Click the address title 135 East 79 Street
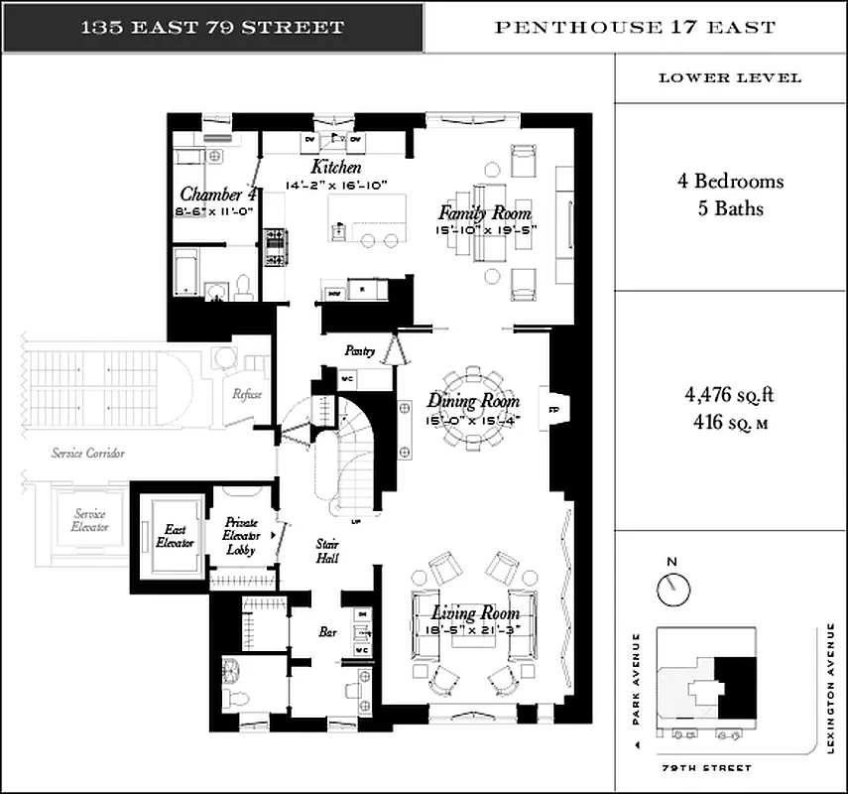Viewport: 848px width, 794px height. pos(211,27)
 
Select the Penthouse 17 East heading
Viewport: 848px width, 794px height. pos(635,27)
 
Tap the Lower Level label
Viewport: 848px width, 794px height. pos(730,78)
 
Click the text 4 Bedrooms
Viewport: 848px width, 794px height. pos(730,182)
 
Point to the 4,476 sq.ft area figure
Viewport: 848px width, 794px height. pos(730,395)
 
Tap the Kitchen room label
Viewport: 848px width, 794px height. pos(336,167)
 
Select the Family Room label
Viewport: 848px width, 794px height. pos(485,213)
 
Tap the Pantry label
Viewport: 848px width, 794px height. pos(358,350)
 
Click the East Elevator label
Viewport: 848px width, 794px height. pos(175,536)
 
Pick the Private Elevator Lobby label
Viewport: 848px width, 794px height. pos(241,536)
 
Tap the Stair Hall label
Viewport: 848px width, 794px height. pos(327,551)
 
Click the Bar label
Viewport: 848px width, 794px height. pos(326,630)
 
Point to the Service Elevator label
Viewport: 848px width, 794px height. pos(91,520)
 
